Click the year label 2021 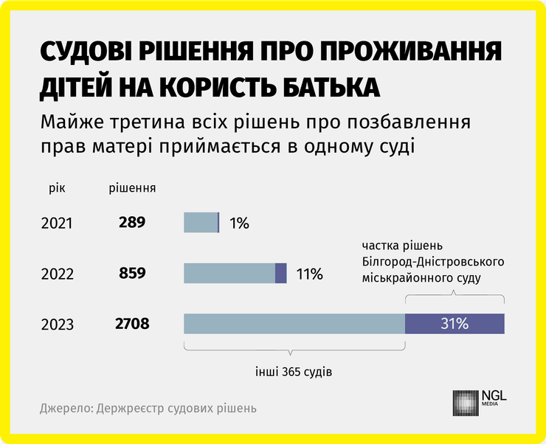point(57,222)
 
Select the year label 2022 point(57,274)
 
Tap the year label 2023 point(57,325)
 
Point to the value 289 point(132,222)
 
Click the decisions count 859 point(132,273)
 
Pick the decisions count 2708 point(132,324)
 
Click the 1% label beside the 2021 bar point(239,223)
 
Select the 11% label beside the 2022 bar point(309,274)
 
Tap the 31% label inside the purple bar point(455,324)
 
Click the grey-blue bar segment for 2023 point(294,324)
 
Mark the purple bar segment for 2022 point(280,273)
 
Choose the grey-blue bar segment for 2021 point(201,222)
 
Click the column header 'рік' point(57,187)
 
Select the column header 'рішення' point(132,187)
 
